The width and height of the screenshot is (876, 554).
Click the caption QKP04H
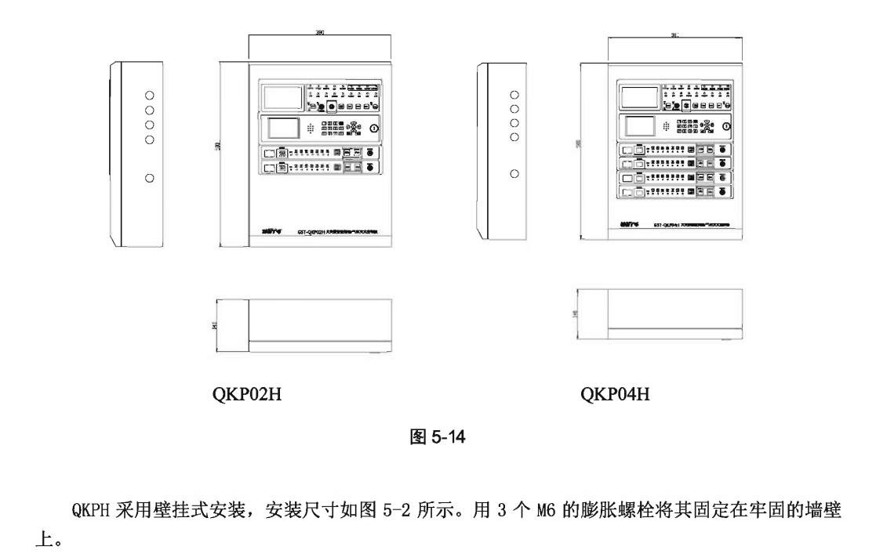pos(616,393)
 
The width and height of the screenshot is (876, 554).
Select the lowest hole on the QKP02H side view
pos(150,179)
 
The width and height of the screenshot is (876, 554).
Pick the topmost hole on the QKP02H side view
pos(150,94)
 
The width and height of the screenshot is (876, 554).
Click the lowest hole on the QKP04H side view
pos(514,173)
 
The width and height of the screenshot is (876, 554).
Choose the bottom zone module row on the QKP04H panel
pos(675,192)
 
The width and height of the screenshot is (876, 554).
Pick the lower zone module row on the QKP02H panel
pos(322,168)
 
